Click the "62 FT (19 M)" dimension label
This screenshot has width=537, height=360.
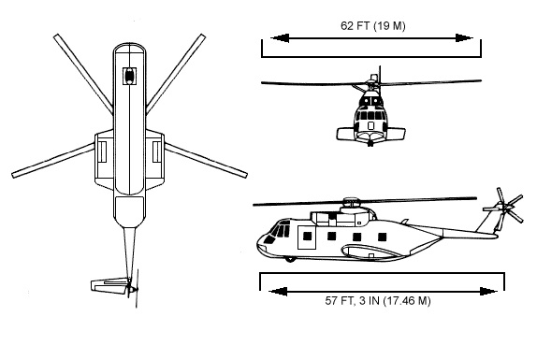point(373,26)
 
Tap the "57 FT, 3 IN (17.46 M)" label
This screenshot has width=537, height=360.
point(378,301)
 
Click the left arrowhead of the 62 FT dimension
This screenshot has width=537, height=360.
point(280,38)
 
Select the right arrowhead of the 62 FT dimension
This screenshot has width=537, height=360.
point(464,38)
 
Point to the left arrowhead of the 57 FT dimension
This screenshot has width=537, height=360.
point(278,292)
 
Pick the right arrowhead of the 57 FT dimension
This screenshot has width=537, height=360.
point(488,292)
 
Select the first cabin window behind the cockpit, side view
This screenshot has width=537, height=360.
point(308,237)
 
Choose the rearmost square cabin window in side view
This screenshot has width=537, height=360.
point(383,237)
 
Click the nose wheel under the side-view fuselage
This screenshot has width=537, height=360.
point(290,259)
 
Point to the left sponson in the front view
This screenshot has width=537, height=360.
point(346,134)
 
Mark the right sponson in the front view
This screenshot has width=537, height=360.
point(396,134)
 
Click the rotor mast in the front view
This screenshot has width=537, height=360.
point(380,76)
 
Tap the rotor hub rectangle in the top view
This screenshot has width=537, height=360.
point(129,76)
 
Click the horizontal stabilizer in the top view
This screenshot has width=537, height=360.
point(109,286)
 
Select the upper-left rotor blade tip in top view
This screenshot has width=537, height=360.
point(56,36)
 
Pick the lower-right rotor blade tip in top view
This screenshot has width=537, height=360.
point(244,175)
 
